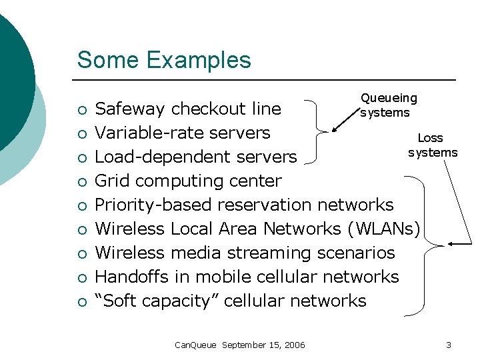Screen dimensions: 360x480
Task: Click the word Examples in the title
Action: tap(199, 60)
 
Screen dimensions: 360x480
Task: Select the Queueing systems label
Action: tap(389, 105)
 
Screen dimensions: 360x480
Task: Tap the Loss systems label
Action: tap(432, 145)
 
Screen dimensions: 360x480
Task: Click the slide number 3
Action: tap(449, 345)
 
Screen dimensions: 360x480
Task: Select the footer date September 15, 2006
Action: tap(263, 345)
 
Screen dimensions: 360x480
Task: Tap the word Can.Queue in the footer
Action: tap(195, 345)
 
